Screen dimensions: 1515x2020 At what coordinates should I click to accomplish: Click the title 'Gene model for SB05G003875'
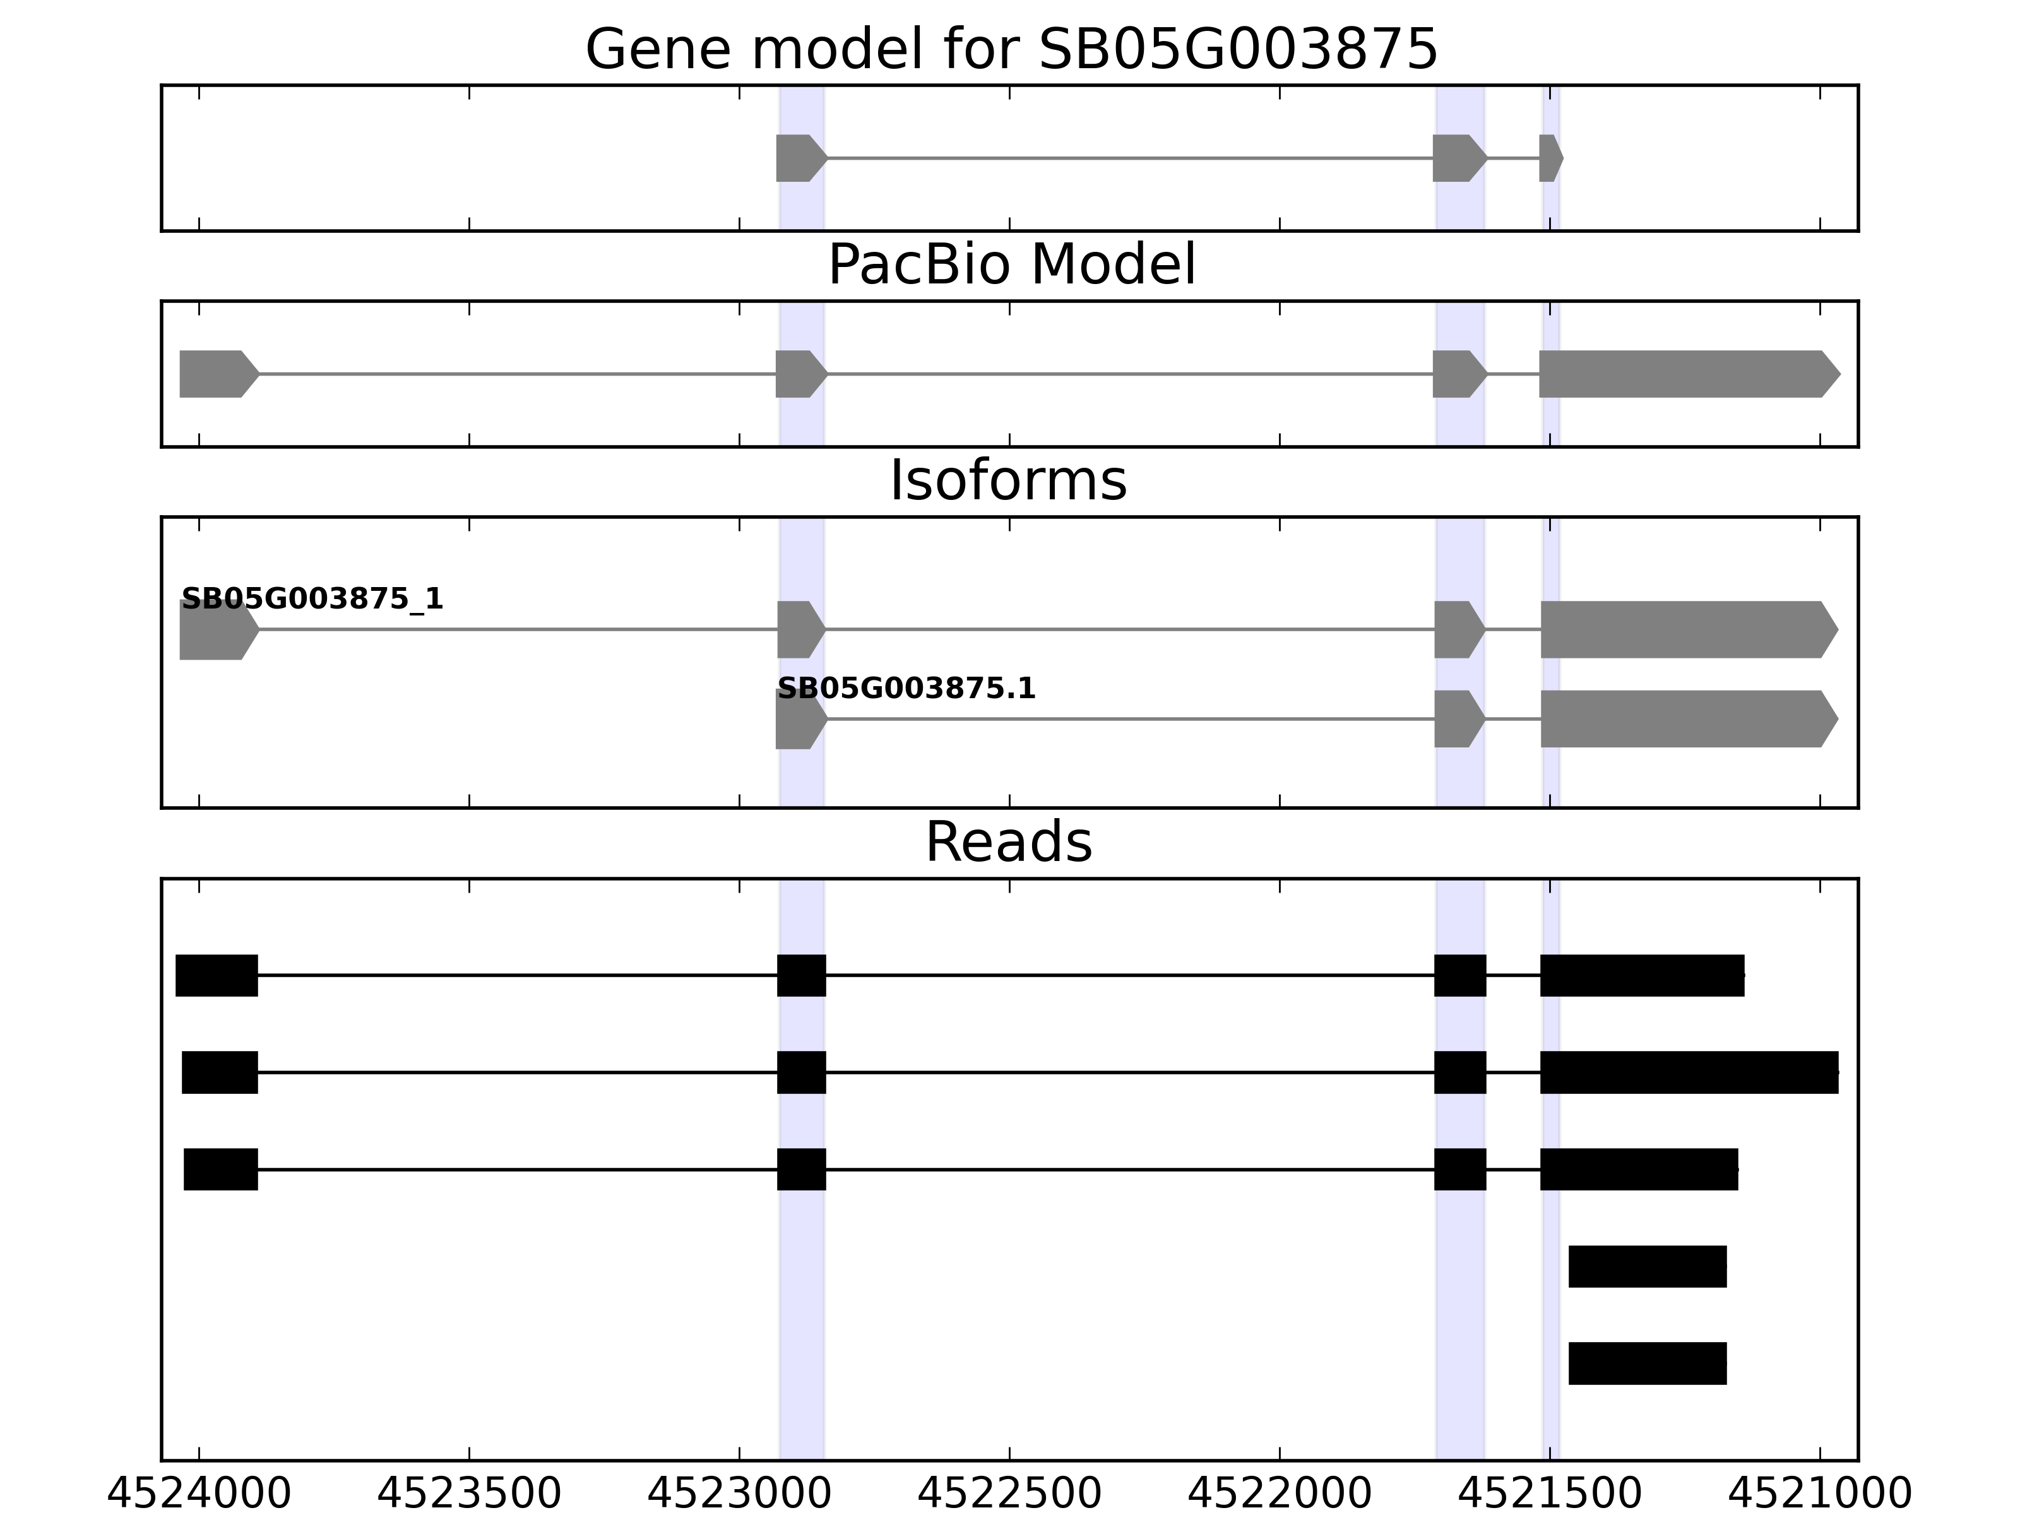[x=1011, y=49]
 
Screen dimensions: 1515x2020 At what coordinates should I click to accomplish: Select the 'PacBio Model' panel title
[x=1011, y=265]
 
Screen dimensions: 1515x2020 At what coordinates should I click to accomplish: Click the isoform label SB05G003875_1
[x=312, y=599]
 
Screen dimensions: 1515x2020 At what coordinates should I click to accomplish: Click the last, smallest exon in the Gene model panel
[x=1550, y=158]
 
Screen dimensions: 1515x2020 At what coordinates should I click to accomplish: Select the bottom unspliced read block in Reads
[x=1648, y=1363]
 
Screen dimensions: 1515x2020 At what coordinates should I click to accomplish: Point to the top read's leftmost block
[x=217, y=975]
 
